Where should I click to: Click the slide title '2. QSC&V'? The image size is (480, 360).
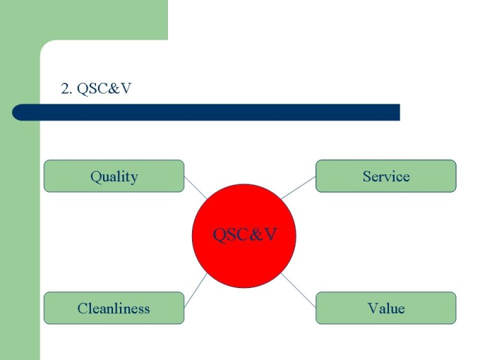point(97,89)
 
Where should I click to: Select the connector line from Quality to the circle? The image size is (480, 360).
point(196,188)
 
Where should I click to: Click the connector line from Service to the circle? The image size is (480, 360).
point(298,188)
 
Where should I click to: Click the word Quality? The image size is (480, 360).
point(114,176)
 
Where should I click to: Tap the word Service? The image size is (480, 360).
point(385,176)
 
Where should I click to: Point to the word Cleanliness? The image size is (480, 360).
point(114,308)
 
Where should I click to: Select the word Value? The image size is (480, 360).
point(385,308)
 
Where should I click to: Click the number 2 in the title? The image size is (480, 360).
point(65,89)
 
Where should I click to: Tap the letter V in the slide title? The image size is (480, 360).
point(126,89)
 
